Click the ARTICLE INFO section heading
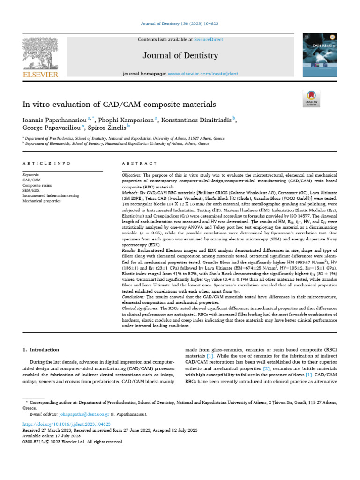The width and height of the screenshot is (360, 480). pyautogui.click(x=46, y=163)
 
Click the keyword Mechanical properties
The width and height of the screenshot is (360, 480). pyautogui.click(x=42, y=201)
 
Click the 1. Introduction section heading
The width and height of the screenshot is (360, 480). pyautogui.click(x=41, y=349)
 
